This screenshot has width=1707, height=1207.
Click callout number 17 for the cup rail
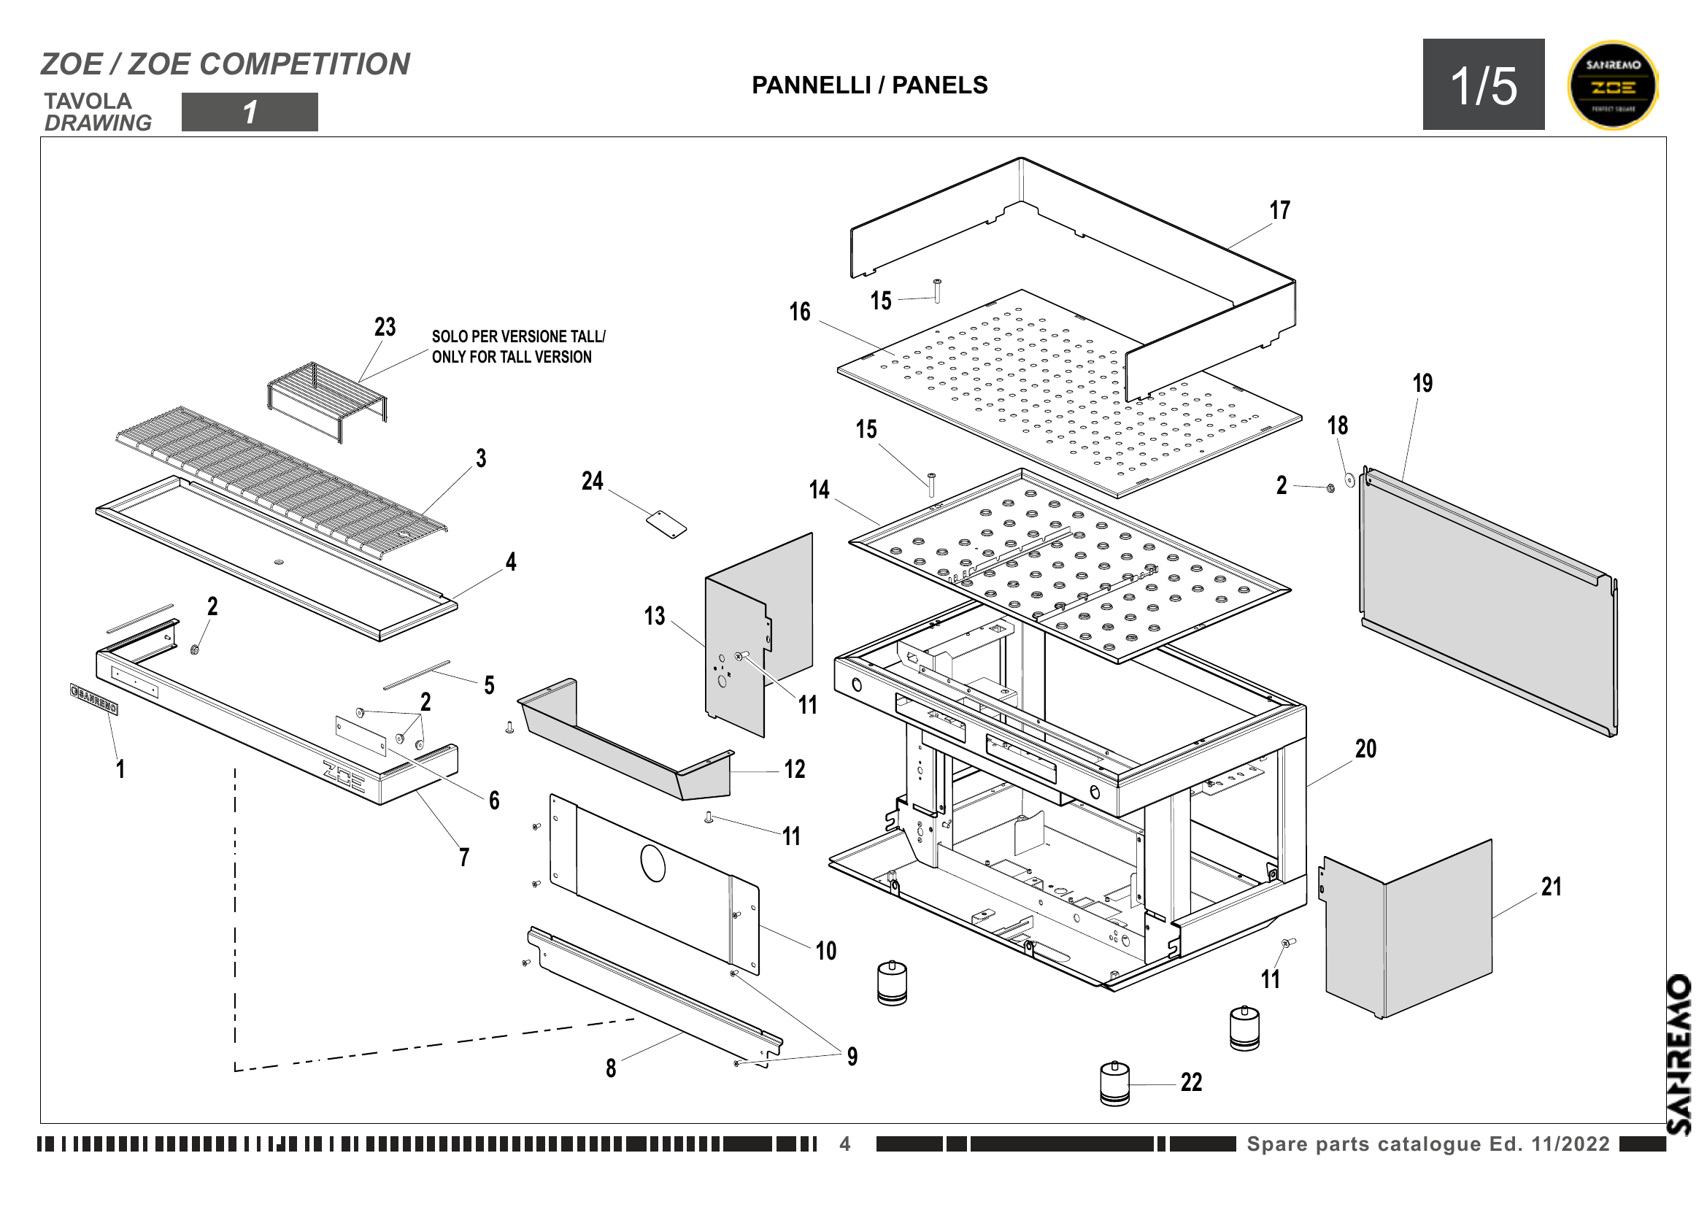(1279, 210)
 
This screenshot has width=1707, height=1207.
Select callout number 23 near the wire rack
(385, 327)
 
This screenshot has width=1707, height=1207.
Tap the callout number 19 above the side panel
(1422, 384)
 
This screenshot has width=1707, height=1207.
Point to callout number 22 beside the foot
(1191, 1082)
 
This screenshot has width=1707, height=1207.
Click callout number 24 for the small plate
(592, 481)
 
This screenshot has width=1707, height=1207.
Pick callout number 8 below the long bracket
(610, 1068)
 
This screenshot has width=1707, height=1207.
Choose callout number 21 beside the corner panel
(1551, 887)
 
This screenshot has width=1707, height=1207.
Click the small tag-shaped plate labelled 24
(666, 523)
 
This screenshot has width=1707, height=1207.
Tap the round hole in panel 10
(652, 863)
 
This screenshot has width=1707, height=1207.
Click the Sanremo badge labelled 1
(93, 698)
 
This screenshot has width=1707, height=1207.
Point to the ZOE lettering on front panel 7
(344, 776)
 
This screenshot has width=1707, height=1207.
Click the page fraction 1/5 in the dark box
(1483, 85)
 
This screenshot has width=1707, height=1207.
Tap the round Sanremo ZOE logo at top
(1613, 85)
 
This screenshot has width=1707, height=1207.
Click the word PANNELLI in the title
(810, 85)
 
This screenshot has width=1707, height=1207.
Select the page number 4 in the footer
(844, 1144)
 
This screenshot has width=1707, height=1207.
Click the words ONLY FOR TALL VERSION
(512, 358)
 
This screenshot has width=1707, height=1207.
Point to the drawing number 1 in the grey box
(250, 112)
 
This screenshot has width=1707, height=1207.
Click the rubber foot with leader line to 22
(1114, 1084)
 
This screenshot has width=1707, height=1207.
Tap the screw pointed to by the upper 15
(937, 290)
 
